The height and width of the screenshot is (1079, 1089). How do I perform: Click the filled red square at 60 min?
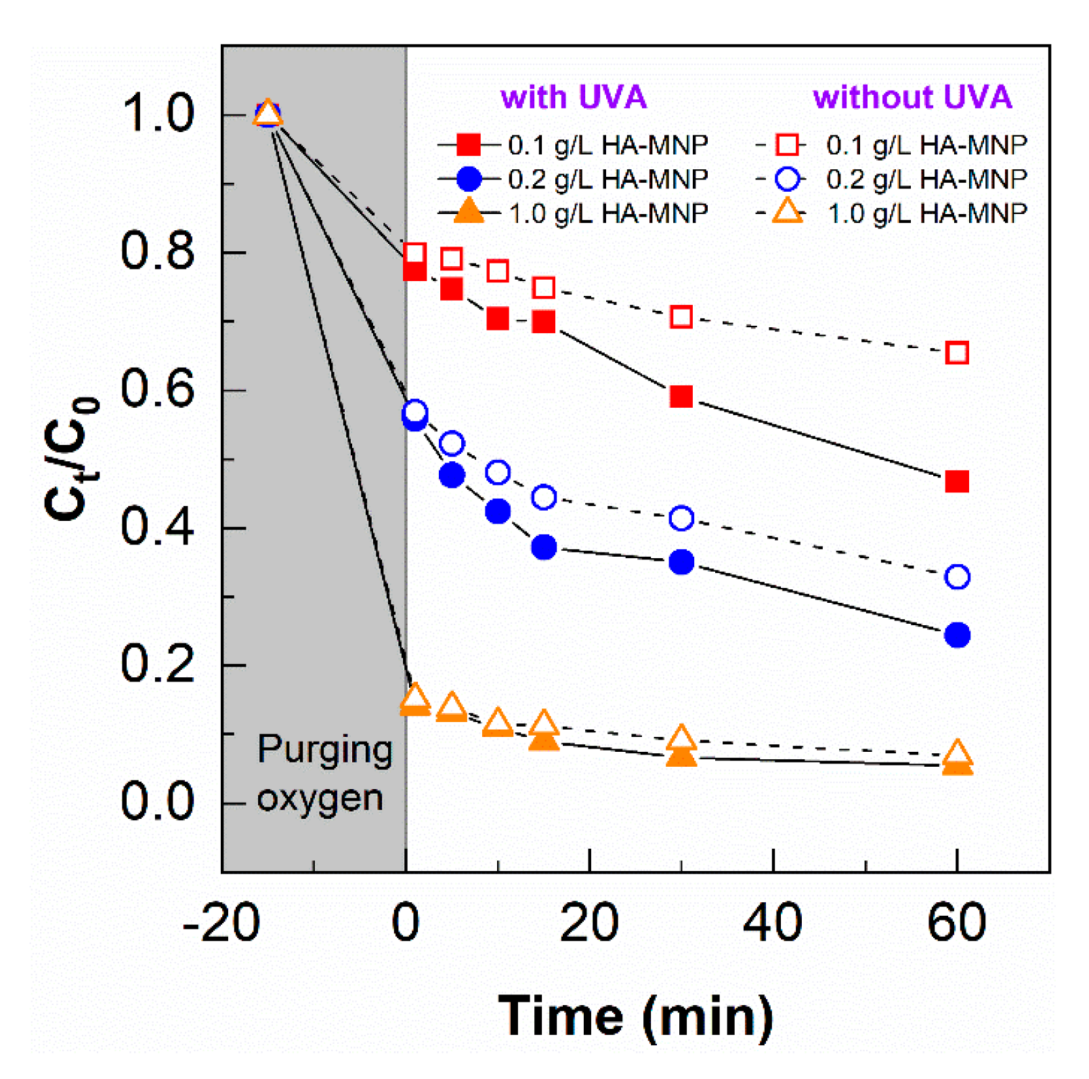click(956, 482)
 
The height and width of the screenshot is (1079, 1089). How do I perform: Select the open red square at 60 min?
click(956, 353)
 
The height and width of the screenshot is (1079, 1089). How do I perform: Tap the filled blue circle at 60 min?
click(956, 635)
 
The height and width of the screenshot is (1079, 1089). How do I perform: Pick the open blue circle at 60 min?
click(956, 577)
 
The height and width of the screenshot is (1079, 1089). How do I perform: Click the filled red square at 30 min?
click(681, 396)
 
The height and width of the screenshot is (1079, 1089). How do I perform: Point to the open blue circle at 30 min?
click(681, 518)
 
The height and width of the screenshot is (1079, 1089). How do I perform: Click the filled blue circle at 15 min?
click(543, 547)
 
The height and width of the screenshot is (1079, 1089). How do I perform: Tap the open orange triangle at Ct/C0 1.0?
click(268, 113)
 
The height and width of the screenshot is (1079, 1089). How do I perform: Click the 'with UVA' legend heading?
click(573, 98)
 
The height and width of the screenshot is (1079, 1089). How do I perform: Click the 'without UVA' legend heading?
click(912, 98)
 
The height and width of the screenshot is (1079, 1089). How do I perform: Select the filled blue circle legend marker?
click(468, 179)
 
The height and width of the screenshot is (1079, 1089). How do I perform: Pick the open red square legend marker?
click(787, 144)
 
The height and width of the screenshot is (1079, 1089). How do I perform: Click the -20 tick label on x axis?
click(221, 923)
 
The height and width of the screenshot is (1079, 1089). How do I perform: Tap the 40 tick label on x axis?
click(772, 923)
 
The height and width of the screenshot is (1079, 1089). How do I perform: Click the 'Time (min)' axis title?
click(635, 1016)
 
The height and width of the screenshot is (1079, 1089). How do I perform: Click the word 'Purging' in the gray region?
click(324, 750)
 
